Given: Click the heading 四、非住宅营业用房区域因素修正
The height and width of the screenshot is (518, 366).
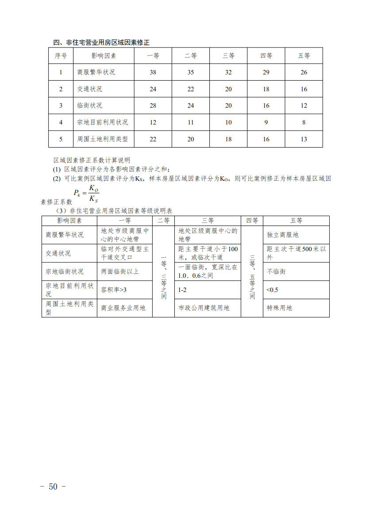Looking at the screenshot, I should (x=101, y=43).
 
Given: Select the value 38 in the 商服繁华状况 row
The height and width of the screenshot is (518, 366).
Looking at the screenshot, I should (x=153, y=72).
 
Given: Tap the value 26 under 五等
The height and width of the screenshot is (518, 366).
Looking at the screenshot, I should (x=304, y=72).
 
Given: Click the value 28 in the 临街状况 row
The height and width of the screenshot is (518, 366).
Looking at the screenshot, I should (x=153, y=105).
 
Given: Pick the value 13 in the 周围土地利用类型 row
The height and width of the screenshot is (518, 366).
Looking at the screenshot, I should (x=304, y=139).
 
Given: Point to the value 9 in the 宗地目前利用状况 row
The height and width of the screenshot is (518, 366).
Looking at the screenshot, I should (x=266, y=122).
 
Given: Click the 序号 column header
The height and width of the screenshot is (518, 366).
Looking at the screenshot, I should (x=61, y=56).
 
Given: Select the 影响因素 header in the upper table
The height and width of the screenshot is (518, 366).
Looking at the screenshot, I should (x=104, y=56).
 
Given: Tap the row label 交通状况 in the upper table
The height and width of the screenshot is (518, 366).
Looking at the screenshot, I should (x=89, y=89).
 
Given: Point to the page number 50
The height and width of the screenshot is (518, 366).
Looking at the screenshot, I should (x=53, y=487).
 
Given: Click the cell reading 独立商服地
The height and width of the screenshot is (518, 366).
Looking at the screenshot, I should (x=283, y=235).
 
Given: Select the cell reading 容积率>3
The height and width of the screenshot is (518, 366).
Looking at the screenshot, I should (x=114, y=290).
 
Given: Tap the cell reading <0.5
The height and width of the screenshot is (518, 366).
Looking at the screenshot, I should (x=272, y=290).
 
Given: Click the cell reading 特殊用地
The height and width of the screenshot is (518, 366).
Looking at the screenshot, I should (x=279, y=308).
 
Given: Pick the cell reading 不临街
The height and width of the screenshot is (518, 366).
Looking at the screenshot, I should (x=276, y=271).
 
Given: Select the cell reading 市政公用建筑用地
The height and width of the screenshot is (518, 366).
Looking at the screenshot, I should (x=204, y=308).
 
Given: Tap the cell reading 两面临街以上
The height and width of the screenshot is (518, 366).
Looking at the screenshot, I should (x=120, y=271).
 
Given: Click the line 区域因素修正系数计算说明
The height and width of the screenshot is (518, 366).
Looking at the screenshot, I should (x=92, y=160).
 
